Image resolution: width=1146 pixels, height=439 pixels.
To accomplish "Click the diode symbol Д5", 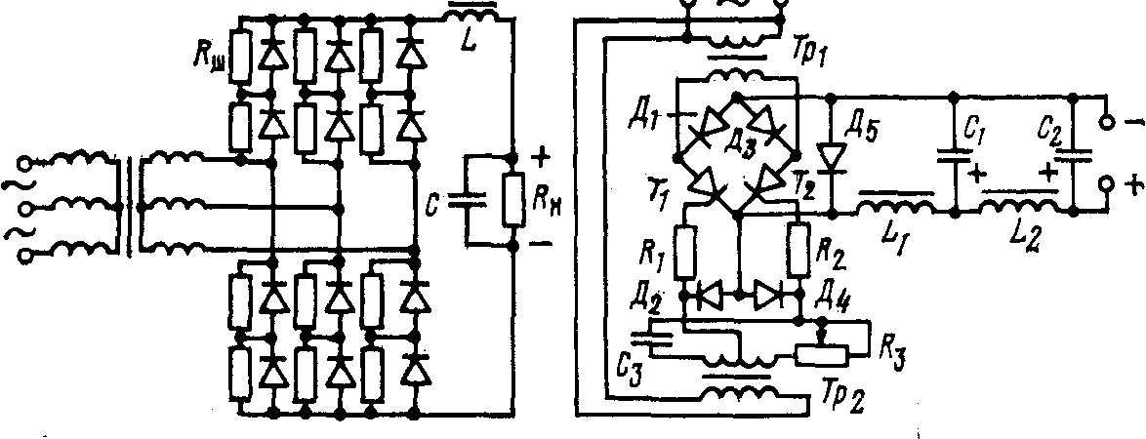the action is [831, 155].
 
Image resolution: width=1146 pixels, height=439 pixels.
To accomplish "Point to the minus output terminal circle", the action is [1107, 124].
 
